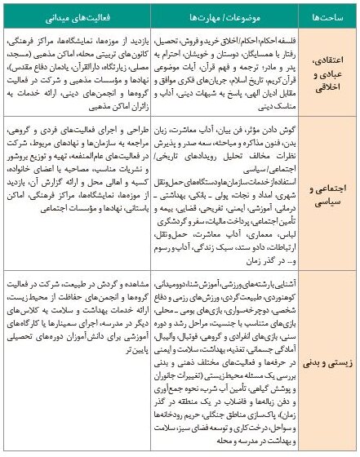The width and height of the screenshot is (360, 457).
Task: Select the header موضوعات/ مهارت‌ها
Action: point(229,16)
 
